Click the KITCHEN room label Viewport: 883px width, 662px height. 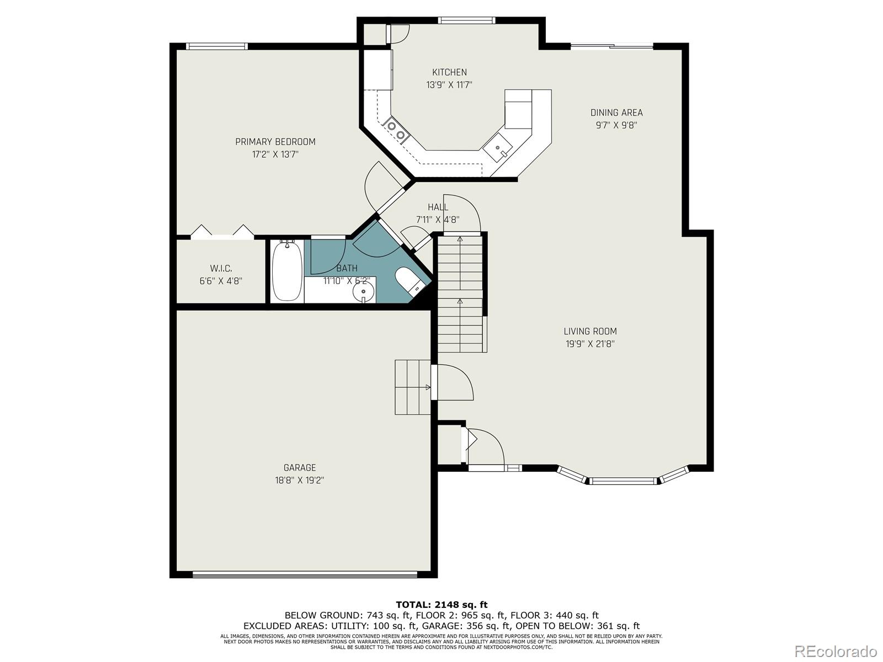click(449, 72)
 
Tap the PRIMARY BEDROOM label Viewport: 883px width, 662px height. click(275, 142)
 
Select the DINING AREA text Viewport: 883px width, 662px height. click(616, 113)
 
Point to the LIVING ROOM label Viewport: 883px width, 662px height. click(590, 332)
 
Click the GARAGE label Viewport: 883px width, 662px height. click(300, 468)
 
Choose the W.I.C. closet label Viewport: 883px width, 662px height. click(221, 269)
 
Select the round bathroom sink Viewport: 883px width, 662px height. click(363, 292)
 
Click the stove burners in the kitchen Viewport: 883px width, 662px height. click(396, 130)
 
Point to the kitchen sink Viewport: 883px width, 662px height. click(498, 147)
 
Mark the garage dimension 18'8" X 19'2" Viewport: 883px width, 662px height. click(300, 481)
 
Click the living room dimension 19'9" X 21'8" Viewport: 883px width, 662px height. click(590, 344)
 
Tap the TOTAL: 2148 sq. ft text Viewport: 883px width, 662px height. click(441, 605)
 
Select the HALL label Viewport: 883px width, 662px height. click(438, 207)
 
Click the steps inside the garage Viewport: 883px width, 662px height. click(412, 387)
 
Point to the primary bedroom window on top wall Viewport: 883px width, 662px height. click(216, 47)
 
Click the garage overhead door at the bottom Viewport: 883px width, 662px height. click(305, 574)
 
